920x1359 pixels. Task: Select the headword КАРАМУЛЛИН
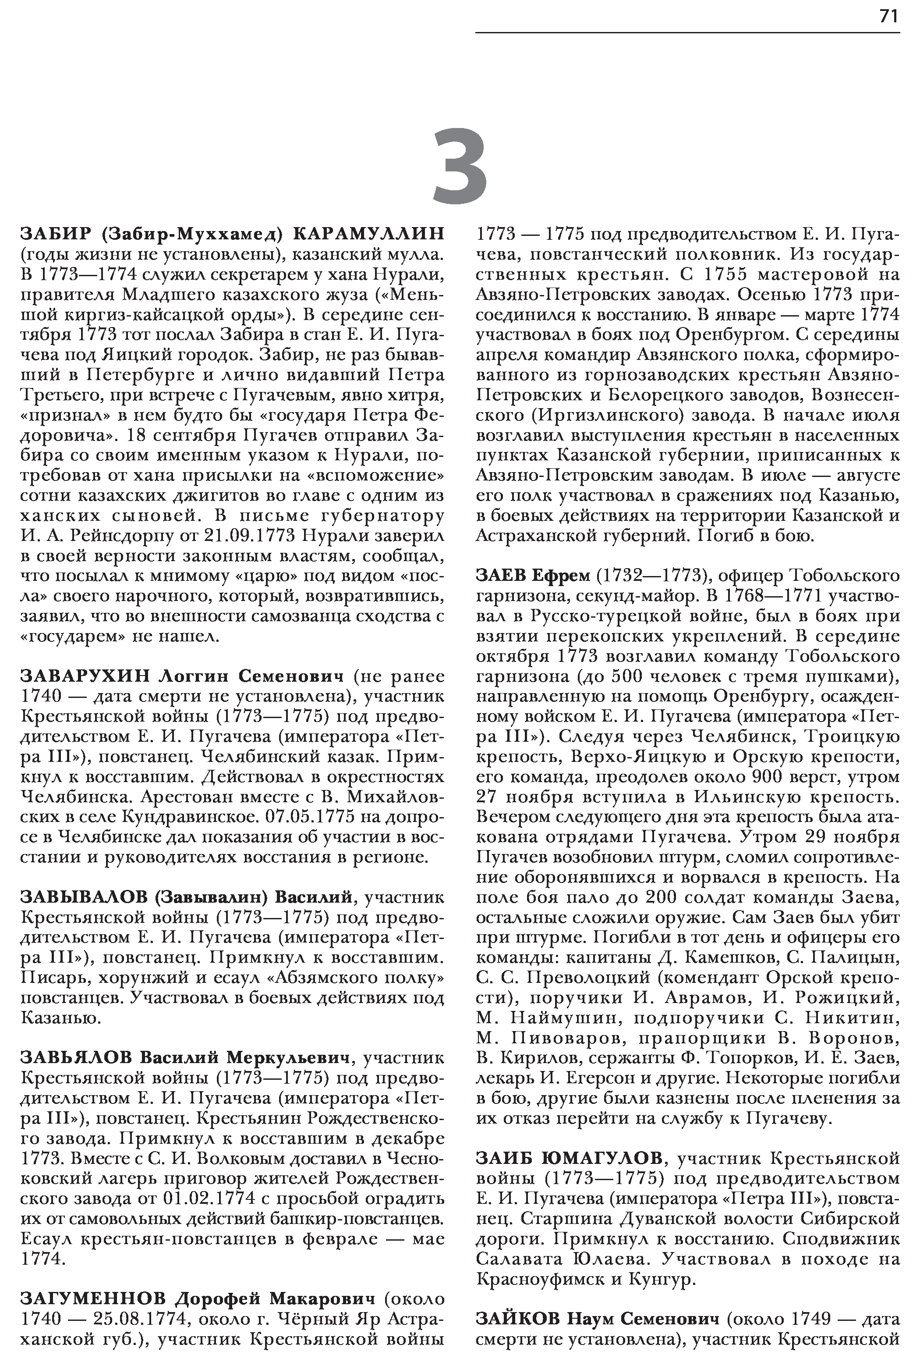368,233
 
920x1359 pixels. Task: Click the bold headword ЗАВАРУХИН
85,676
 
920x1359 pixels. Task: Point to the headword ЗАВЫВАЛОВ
84,897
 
